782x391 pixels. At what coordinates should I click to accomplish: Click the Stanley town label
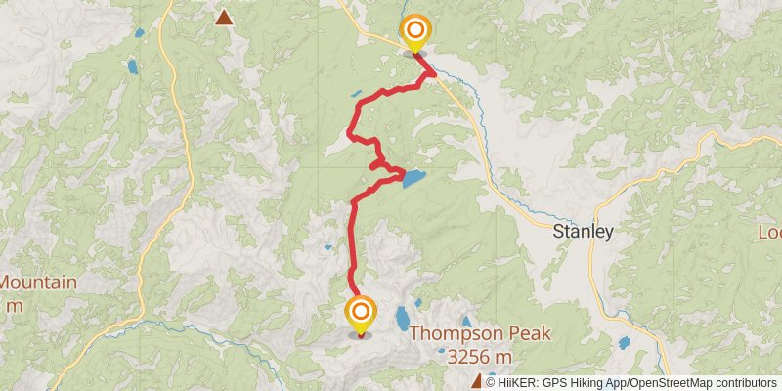583,233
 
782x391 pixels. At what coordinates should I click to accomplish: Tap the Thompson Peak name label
479,333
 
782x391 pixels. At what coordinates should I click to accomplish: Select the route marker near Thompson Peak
361,313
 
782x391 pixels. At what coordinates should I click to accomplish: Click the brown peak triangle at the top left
225,17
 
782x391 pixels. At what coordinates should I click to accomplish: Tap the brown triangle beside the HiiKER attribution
477,381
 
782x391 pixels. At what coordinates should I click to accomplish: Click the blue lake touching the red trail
413,179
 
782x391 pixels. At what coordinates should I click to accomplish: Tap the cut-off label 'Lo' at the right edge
769,233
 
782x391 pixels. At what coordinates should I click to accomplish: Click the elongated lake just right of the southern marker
402,318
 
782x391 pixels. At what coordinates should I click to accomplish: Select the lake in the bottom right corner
625,343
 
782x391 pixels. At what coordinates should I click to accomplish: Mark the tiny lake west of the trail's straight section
327,247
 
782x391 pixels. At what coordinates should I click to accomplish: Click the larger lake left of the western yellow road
131,67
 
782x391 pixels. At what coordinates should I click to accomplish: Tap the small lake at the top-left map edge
138,33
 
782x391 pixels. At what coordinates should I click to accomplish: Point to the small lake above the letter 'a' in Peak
466,321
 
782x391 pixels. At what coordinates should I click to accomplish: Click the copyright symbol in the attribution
491,382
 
